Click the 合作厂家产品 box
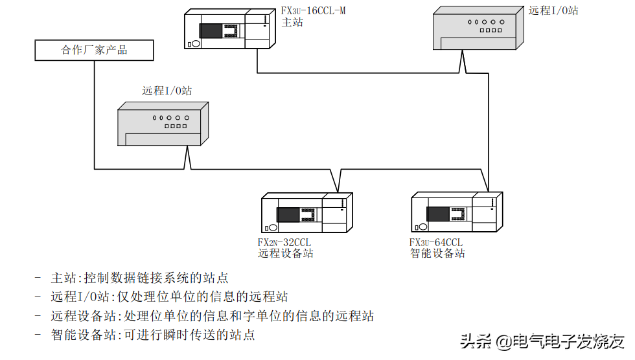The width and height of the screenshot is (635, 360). coord(94,50)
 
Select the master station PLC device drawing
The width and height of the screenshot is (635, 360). coord(231,28)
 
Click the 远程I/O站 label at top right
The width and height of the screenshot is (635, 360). coord(553,10)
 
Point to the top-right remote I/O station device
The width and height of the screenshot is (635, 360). coord(478,29)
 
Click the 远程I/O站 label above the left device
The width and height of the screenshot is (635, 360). coord(167,91)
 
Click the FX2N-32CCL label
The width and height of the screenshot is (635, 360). coord(284,242)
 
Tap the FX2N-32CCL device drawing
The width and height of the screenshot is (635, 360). coord(306,212)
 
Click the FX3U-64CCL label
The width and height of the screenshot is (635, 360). coord(436,242)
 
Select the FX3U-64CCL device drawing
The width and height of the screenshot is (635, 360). coord(457,212)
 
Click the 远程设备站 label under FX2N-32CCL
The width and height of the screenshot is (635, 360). coord(286,253)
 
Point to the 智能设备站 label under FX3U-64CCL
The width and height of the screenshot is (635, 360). coord(437,253)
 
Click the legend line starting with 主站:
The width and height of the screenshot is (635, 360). coord(139,278)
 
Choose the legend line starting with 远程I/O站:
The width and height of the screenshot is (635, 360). coord(169,297)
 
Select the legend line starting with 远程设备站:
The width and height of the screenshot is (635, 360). coord(212,316)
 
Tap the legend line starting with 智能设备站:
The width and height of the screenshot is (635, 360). coord(153,335)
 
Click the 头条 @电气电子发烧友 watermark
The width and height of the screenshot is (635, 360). coord(542,341)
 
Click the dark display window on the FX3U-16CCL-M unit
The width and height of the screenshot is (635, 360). coord(211,30)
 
